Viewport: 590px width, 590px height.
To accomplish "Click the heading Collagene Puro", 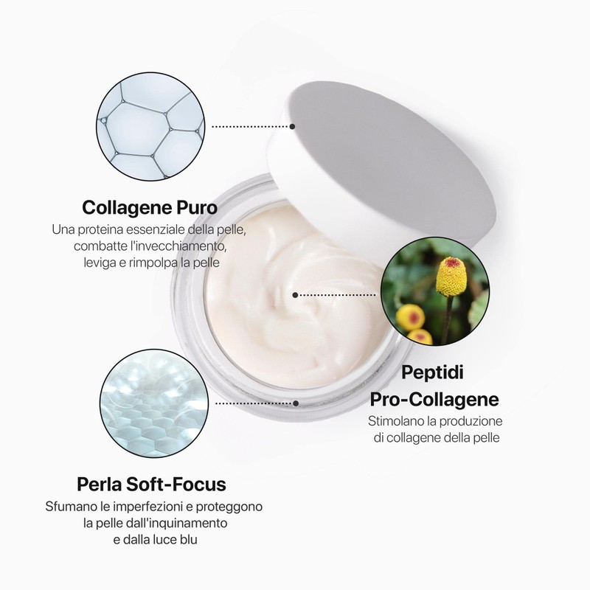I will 150,205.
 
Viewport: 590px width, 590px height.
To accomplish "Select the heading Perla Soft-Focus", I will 151,485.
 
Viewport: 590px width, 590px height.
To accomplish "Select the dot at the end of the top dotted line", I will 293,126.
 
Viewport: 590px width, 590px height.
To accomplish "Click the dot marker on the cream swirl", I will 295,294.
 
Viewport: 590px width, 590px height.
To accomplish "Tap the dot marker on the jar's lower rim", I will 296,403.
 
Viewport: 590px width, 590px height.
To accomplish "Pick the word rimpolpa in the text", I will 164,263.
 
